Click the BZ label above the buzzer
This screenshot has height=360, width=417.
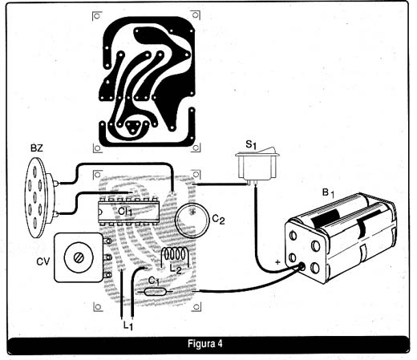click(x=37, y=148)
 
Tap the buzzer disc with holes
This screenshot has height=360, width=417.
click(x=34, y=197)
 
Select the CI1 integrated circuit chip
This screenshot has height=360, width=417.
click(x=128, y=211)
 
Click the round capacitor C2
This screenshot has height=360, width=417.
click(x=192, y=220)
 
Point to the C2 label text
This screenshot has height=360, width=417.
click(x=218, y=220)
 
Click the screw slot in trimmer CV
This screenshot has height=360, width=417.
click(x=79, y=257)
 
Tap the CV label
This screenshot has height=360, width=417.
click(x=43, y=261)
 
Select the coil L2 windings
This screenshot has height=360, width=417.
click(x=176, y=254)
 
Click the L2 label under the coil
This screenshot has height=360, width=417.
click(x=176, y=269)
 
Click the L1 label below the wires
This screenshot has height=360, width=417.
click(x=128, y=326)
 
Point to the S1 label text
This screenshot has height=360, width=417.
click(x=251, y=145)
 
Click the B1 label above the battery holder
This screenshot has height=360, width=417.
click(x=328, y=193)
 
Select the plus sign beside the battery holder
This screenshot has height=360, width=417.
click(x=278, y=262)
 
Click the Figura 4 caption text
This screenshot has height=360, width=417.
click(x=205, y=344)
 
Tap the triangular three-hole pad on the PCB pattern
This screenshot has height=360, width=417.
click(x=132, y=127)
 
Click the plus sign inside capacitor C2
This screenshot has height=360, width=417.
click(x=193, y=212)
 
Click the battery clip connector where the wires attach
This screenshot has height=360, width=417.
click(x=302, y=266)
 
